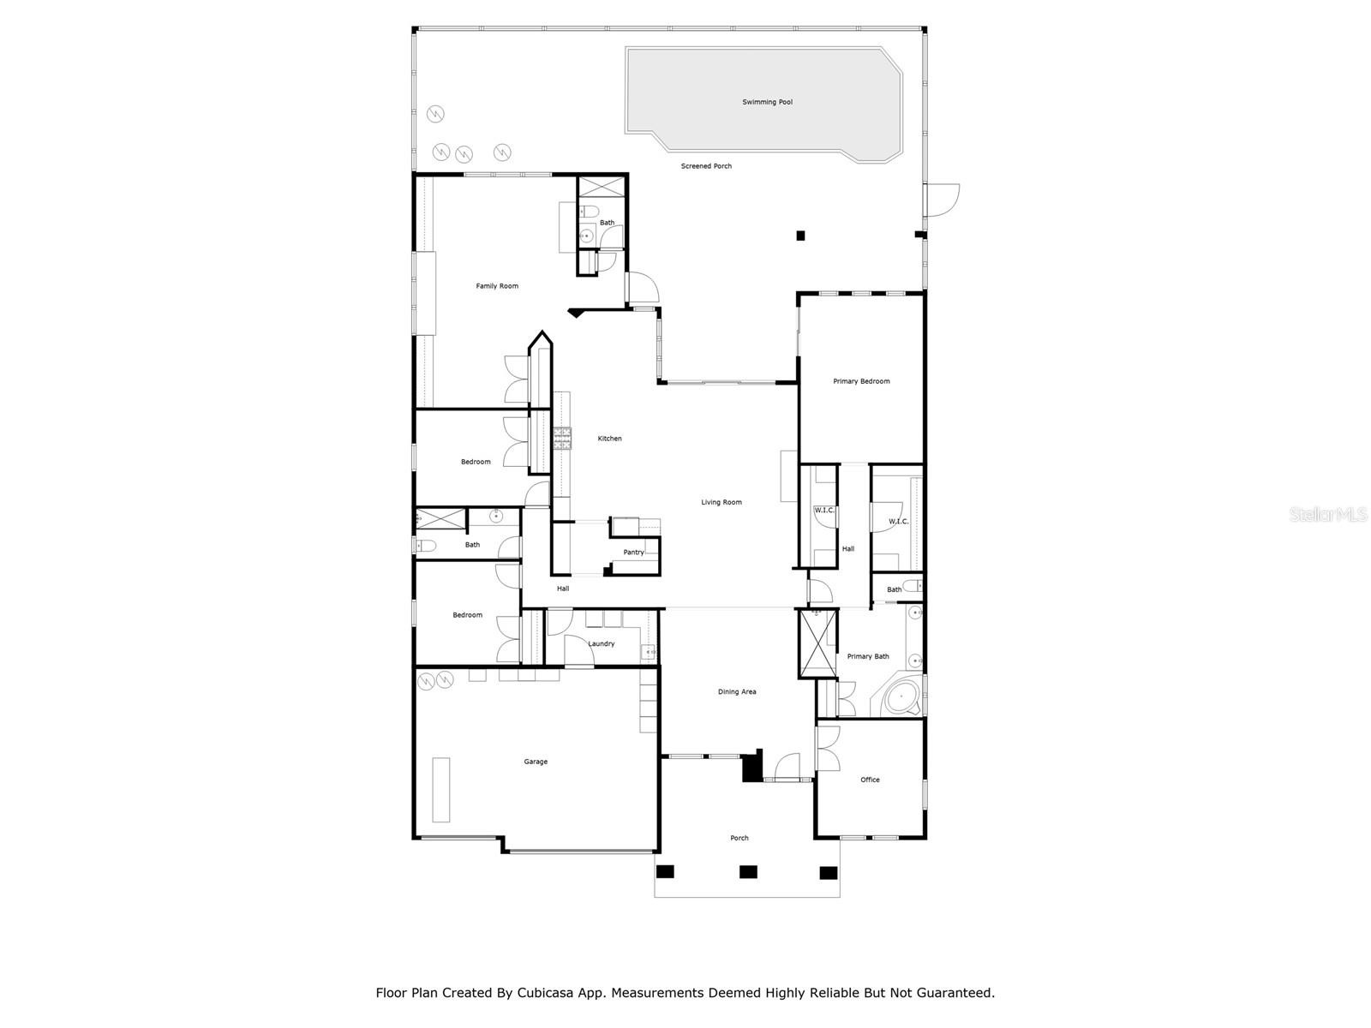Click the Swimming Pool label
[767, 102]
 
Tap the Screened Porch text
[706, 166]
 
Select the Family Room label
[497, 286]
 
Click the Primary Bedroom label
[861, 381]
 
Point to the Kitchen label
[609, 439]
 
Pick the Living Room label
[721, 503]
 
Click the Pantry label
[633, 553]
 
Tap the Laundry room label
[601, 644]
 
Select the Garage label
[536, 762]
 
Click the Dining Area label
[737, 692]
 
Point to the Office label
[870, 780]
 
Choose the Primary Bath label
[868, 657]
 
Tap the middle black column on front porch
[748, 872]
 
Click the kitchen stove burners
[563, 439]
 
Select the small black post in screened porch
[800, 236]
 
